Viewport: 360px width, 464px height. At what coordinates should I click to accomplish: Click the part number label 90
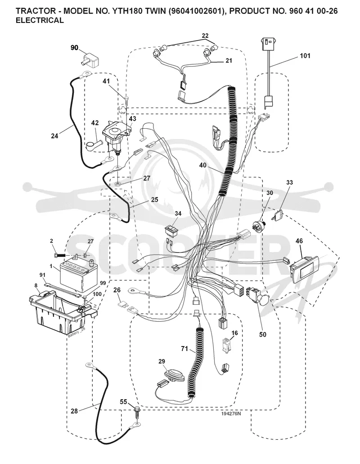[74, 47]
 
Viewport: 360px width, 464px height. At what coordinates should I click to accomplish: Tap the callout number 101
[305, 56]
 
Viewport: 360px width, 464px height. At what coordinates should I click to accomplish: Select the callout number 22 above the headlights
[205, 36]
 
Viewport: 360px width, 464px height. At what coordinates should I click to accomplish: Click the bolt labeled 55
[137, 411]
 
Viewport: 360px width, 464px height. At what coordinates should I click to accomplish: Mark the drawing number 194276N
[231, 414]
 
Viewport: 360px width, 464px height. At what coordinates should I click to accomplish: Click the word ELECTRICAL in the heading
[39, 20]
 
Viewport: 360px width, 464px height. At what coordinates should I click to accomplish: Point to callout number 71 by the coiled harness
[184, 349]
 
